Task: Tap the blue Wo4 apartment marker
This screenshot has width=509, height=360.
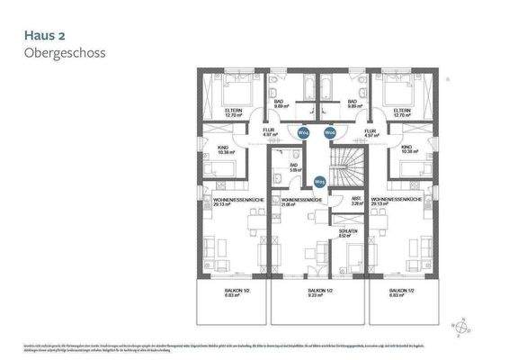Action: pyautogui.click(x=304, y=132)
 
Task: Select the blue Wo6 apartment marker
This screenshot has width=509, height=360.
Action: pyautogui.click(x=329, y=132)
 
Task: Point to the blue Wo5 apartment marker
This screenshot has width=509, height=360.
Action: pyautogui.click(x=319, y=181)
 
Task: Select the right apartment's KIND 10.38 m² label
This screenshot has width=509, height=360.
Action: pyautogui.click(x=406, y=149)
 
